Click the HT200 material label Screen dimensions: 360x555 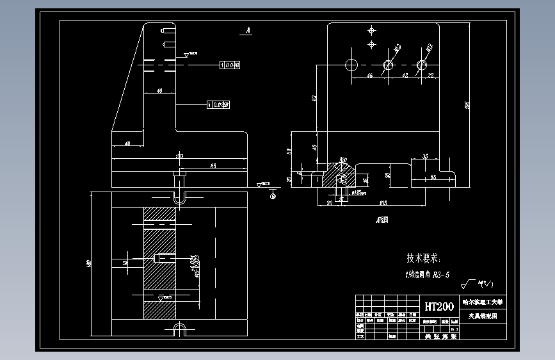tap(438, 306)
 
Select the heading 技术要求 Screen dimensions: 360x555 tap(423, 259)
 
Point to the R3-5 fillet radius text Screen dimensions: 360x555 tap(441, 275)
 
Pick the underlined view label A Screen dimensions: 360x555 tap(247, 30)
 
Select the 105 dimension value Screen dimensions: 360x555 tap(382, 204)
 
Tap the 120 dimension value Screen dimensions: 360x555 tap(179, 156)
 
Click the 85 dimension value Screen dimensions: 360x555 tap(212, 166)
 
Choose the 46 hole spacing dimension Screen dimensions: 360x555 tap(369, 76)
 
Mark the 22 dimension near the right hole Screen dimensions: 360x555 tap(430, 76)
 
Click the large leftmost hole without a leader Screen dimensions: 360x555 tap(351, 65)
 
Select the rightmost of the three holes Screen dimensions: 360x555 tap(421, 65)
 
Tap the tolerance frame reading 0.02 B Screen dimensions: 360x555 tap(218, 104)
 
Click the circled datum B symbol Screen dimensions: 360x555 tap(273, 196)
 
